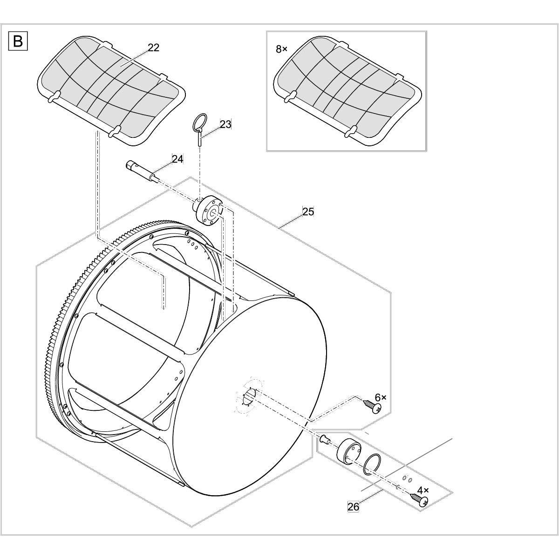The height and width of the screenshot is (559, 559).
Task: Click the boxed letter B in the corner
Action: [18, 41]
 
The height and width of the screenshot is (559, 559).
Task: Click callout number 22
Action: [153, 48]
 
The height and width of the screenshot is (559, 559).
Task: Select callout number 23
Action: [225, 124]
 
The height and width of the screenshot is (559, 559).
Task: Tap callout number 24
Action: [177, 159]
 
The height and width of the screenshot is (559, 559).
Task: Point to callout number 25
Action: [308, 212]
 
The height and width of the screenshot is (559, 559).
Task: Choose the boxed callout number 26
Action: [353, 507]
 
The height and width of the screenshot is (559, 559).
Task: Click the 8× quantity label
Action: [281, 49]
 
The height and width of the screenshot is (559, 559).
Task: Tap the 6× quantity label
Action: [380, 397]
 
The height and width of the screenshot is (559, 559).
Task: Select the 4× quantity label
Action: [423, 491]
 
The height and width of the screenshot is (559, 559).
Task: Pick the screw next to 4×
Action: [419, 500]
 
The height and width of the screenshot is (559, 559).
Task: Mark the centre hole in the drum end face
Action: [249, 397]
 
